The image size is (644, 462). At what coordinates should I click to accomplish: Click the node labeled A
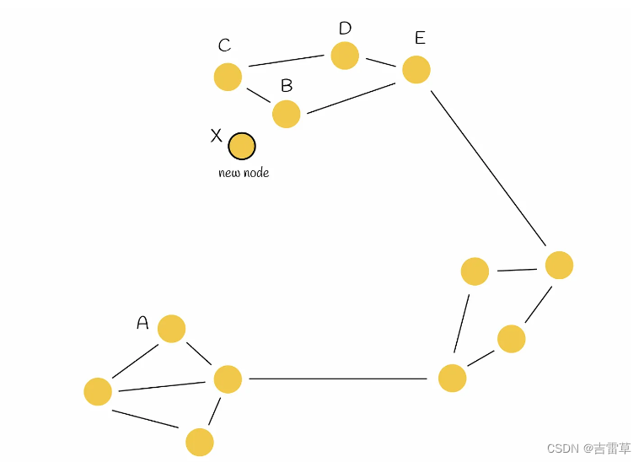(x=171, y=329)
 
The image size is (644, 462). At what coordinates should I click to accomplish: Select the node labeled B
(x=287, y=114)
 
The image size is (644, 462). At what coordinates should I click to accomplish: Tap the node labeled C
(x=228, y=77)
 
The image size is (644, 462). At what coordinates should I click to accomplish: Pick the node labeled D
(x=345, y=56)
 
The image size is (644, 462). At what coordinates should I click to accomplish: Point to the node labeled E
(x=416, y=70)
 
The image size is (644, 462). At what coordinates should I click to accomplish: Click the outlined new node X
(x=242, y=146)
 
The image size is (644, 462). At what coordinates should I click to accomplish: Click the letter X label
(x=216, y=136)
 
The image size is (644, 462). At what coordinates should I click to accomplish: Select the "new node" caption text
(x=244, y=173)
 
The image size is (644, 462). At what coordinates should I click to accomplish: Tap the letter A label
(x=142, y=323)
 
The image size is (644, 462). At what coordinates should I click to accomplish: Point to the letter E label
(x=420, y=38)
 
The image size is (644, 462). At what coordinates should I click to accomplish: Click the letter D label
(x=345, y=29)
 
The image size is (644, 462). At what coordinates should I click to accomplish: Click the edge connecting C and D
(x=287, y=61)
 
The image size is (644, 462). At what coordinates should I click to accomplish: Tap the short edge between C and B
(x=258, y=94)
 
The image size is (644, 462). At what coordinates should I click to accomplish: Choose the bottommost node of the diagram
(x=200, y=442)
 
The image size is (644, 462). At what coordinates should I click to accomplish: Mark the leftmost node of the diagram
(x=98, y=391)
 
